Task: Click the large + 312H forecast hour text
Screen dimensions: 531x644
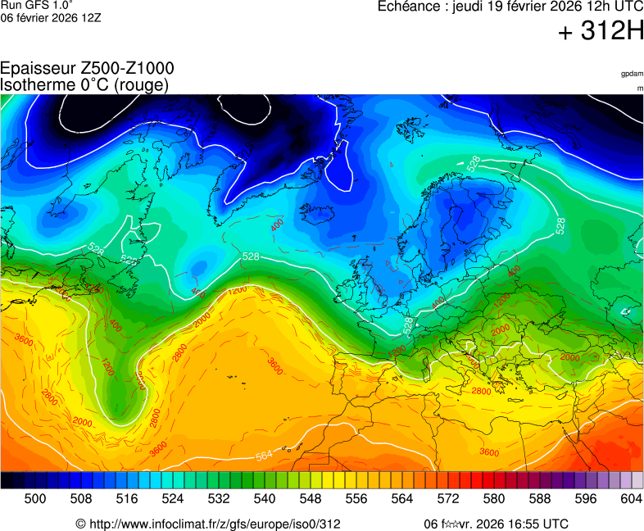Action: (600, 32)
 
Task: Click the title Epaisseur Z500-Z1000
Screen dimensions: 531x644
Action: (87, 69)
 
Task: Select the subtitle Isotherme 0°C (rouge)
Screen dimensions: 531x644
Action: (84, 84)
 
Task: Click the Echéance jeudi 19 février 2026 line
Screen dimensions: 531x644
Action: (510, 7)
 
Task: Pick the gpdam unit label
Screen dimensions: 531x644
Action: (631, 74)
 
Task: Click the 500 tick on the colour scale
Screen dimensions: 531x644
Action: (34, 498)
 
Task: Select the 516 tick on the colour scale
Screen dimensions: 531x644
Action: (126, 498)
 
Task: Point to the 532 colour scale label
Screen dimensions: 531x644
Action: (218, 498)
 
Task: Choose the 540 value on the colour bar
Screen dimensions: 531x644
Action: (264, 498)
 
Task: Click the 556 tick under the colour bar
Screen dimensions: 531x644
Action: (356, 498)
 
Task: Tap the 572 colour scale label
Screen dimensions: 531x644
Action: (447, 498)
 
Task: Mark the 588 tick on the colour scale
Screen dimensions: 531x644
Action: (539, 498)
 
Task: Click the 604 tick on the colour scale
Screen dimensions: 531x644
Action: (631, 498)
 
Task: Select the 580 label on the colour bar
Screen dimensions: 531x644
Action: (493, 498)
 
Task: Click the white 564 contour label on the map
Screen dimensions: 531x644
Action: (264, 456)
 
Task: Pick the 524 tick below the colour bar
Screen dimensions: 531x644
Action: (172, 498)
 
